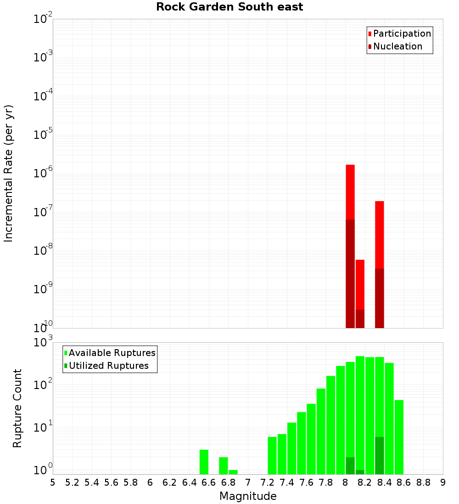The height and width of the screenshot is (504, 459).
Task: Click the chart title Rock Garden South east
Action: pyautogui.click(x=229, y=7)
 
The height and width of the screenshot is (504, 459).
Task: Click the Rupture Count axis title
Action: pyautogui.click(x=17, y=408)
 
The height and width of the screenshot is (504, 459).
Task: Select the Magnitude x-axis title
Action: pyautogui.click(x=248, y=496)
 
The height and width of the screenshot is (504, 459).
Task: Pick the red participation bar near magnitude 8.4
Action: pyautogui.click(x=379, y=234)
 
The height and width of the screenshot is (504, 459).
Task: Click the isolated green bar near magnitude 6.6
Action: pyautogui.click(x=204, y=462)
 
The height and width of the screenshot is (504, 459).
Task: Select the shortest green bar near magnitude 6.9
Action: pyautogui.click(x=233, y=472)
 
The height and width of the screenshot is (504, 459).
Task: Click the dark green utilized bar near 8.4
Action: pyautogui.click(x=379, y=455)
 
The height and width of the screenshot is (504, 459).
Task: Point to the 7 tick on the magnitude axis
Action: pyautogui.click(x=248, y=482)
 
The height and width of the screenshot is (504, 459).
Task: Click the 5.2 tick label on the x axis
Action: pyautogui.click(x=73, y=482)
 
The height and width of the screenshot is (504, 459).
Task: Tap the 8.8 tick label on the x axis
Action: pyautogui.click(x=423, y=482)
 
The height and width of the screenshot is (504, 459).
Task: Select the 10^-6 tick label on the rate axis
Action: pyautogui.click(x=43, y=174)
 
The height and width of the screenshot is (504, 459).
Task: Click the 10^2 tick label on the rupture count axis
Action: pyautogui.click(x=43, y=384)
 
